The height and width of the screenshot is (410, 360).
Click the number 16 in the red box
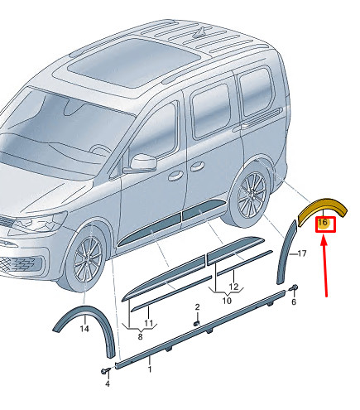click(x=323, y=222)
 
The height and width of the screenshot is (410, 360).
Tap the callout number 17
click(x=302, y=253)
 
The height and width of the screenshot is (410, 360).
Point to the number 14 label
click(x=84, y=329)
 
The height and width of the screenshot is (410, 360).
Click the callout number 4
click(x=108, y=383)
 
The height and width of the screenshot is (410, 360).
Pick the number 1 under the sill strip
click(x=150, y=369)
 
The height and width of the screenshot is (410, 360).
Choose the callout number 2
click(x=197, y=307)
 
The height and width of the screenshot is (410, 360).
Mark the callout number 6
click(x=294, y=301)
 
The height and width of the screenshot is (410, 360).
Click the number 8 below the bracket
click(x=140, y=337)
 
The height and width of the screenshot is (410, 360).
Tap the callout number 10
click(x=227, y=301)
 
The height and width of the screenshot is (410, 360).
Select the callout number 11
click(x=148, y=323)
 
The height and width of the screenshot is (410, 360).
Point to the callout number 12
click(x=233, y=287)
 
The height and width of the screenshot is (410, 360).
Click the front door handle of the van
click(x=175, y=176)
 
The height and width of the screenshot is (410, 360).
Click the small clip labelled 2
click(x=197, y=323)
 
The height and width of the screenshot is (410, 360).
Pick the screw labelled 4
click(x=105, y=371)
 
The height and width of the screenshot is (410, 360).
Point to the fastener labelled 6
click(x=293, y=288)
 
